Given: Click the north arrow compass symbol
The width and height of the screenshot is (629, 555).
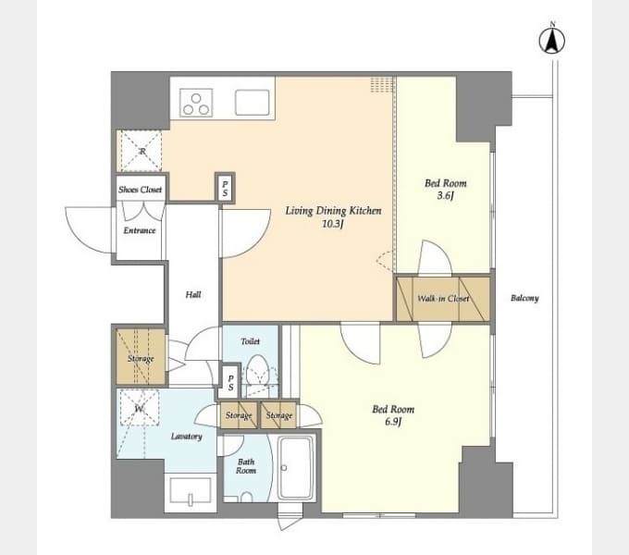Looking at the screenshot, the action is [x=552, y=39].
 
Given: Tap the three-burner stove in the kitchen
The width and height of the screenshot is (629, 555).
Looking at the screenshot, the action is [x=196, y=103].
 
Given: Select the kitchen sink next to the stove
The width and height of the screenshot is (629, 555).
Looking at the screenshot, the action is [x=253, y=103].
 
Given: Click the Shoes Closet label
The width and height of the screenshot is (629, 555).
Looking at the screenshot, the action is [x=140, y=190].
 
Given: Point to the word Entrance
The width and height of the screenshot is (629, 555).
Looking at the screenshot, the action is [x=139, y=230].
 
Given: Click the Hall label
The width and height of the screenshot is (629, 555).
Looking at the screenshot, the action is [x=193, y=295].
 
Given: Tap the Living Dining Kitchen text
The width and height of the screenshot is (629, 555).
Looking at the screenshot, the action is [x=333, y=211].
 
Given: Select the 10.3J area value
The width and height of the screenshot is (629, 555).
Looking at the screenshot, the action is [x=333, y=224].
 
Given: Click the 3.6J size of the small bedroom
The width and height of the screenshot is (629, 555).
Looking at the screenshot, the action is [x=445, y=196].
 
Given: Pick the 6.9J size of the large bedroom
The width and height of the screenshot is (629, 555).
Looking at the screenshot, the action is [x=393, y=422].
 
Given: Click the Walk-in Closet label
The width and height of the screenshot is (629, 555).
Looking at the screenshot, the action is [x=443, y=299].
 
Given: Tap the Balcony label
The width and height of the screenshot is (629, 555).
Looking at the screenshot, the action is [x=524, y=298].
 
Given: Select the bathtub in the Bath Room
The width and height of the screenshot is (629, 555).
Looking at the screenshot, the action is [x=296, y=468].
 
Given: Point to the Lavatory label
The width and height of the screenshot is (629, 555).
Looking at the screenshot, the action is [x=187, y=437].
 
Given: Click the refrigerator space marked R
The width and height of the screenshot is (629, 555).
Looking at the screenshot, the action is [x=139, y=151].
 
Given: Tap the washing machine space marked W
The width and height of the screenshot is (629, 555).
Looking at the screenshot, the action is [x=139, y=408].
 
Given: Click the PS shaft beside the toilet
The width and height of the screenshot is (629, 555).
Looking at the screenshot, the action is [x=230, y=382].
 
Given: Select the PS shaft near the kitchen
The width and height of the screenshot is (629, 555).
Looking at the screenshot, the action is [x=225, y=188].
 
